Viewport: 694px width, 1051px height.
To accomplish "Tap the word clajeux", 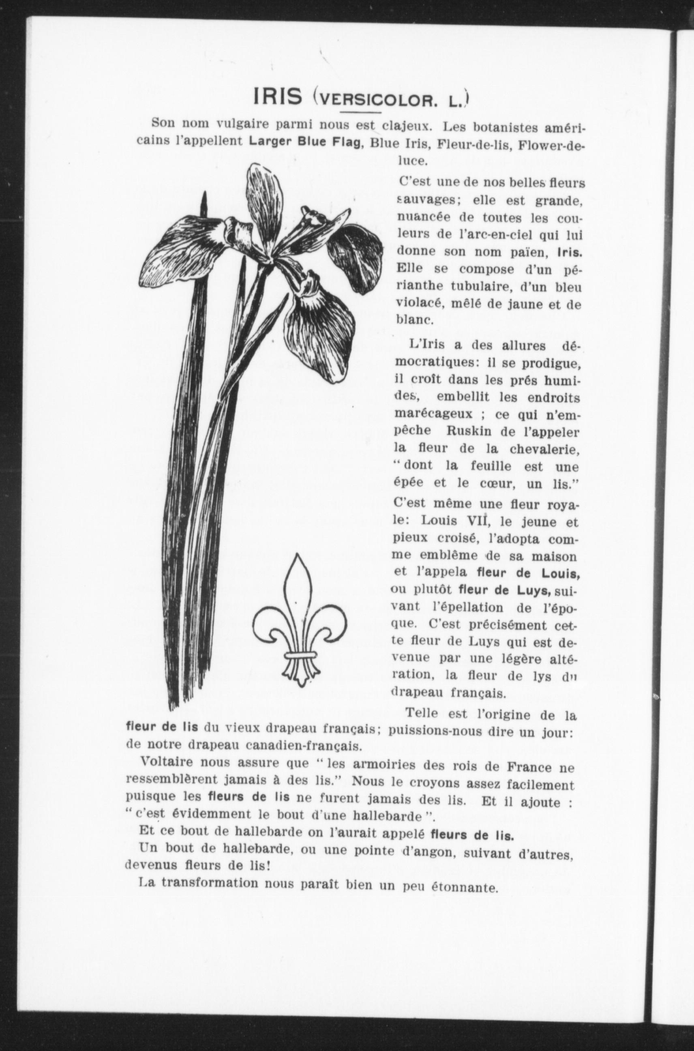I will click(x=407, y=125).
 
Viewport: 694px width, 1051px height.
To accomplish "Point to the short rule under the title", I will click(x=361, y=112).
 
